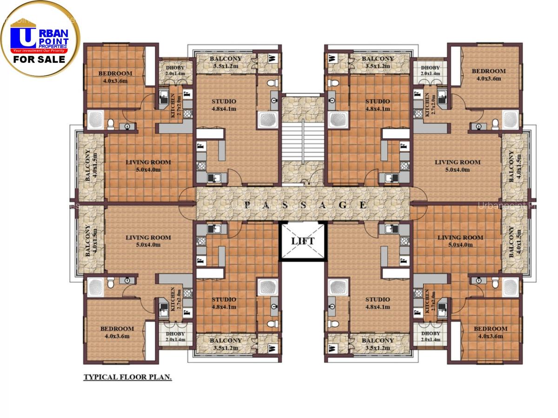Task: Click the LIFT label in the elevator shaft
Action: [303, 241]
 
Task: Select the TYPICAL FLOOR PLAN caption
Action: [127, 377]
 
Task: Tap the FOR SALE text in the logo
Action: [39, 60]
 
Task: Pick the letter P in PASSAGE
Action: [247, 205]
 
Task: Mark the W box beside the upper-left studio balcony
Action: [272, 59]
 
